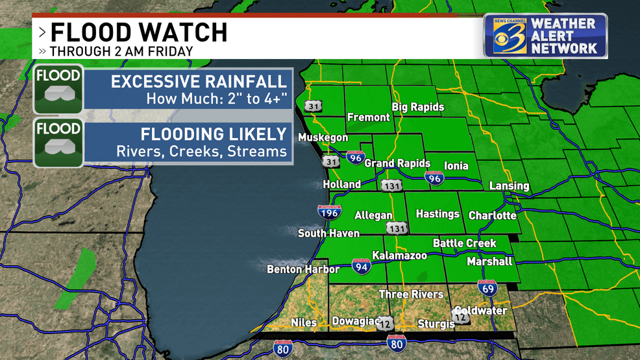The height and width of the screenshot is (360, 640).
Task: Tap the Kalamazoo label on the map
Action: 399,256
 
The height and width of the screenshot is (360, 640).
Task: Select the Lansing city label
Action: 509,186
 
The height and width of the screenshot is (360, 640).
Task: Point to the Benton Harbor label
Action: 303,269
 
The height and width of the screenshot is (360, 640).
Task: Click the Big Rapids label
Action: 417,107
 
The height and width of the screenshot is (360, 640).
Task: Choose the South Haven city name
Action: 328,233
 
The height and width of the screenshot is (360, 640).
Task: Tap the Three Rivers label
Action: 411,294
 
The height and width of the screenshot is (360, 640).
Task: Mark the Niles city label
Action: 304,322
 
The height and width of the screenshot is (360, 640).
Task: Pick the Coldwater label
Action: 481,311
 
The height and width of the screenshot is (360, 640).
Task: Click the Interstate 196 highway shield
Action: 330,211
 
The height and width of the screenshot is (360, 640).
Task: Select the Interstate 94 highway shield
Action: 362,265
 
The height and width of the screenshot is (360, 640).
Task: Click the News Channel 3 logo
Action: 506,36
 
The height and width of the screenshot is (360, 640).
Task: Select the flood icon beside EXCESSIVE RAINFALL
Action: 58,90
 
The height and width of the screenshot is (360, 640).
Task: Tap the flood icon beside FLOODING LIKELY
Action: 58,143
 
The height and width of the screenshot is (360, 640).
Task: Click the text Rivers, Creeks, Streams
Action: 201,151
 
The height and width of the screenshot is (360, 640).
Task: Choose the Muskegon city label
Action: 323,138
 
